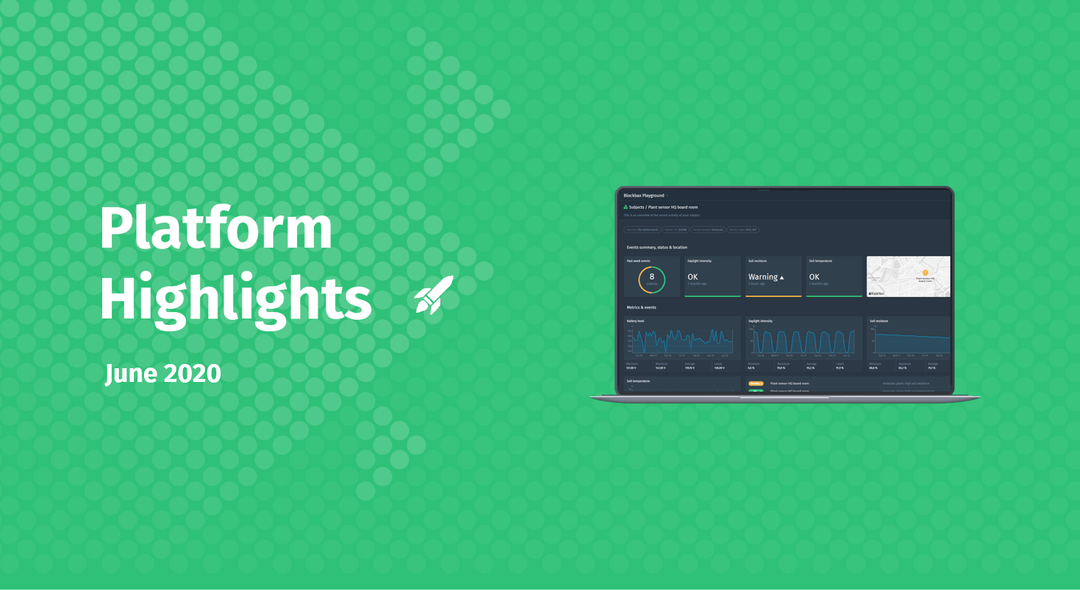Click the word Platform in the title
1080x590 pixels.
pyautogui.click(x=216, y=228)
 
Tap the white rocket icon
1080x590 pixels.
pyautogui.click(x=435, y=295)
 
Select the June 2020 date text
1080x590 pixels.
pyautogui.click(x=163, y=374)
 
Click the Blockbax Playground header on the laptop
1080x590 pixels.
pyautogui.click(x=644, y=195)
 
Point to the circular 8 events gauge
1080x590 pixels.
pyautogui.click(x=651, y=279)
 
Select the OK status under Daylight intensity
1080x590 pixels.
pyautogui.click(x=693, y=277)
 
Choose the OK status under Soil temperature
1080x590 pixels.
pyautogui.click(x=814, y=277)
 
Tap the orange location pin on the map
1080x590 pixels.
pyautogui.click(x=925, y=273)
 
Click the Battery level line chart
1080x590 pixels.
pyautogui.click(x=681, y=341)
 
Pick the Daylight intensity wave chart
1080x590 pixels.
pyautogui.click(x=803, y=342)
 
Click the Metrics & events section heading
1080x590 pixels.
pyautogui.click(x=641, y=307)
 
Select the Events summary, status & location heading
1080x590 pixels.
pyautogui.click(x=657, y=247)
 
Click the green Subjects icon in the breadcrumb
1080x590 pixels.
pyautogui.click(x=626, y=207)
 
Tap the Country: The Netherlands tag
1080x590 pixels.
pyautogui.click(x=642, y=230)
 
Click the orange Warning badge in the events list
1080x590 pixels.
pyautogui.click(x=755, y=383)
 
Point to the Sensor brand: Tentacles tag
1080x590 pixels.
pyautogui.click(x=708, y=230)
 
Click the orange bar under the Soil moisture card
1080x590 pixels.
pyautogui.click(x=773, y=296)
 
